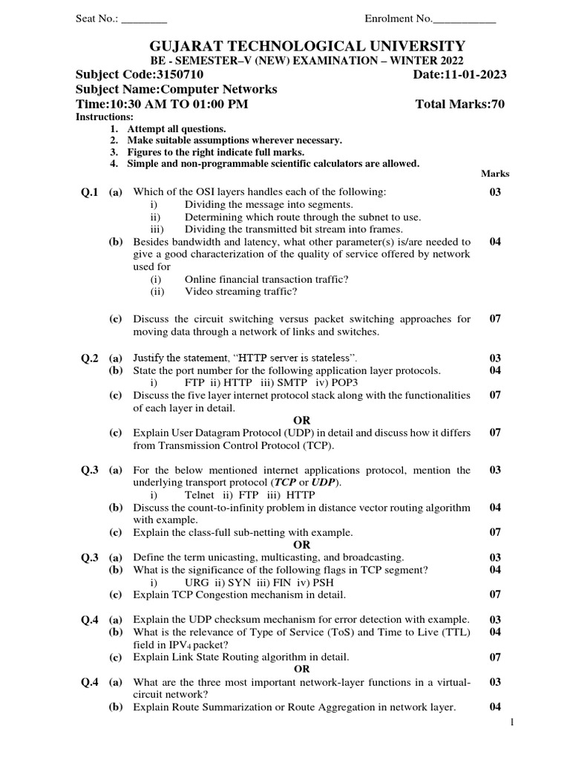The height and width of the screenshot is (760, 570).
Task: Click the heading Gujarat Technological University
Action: tap(285, 46)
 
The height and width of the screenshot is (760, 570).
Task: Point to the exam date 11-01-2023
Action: tap(475, 75)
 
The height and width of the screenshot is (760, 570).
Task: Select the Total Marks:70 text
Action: tap(460, 104)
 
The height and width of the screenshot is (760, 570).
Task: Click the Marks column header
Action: tap(495, 174)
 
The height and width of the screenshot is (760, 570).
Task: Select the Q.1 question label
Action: tap(90, 192)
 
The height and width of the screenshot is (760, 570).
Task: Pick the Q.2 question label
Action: tap(90, 358)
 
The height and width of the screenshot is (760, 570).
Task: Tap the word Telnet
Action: tap(200, 495)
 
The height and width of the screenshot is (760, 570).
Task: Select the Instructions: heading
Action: tap(105, 117)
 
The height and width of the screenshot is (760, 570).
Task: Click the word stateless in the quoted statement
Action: tap(327, 358)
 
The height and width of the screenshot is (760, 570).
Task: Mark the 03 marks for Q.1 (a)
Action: tap(495, 192)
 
